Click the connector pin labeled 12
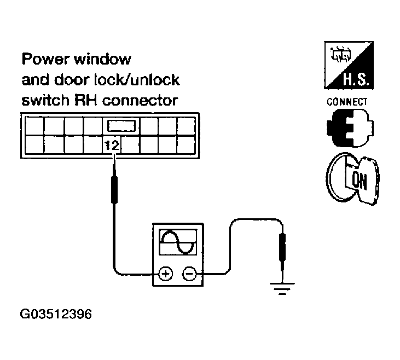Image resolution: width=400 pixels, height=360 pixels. [112, 146]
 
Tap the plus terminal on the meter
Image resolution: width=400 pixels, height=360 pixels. [164, 272]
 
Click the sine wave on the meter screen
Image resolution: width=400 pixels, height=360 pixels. [177, 241]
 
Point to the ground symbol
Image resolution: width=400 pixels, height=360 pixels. [282, 288]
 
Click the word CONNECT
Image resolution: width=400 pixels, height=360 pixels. [347, 102]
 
